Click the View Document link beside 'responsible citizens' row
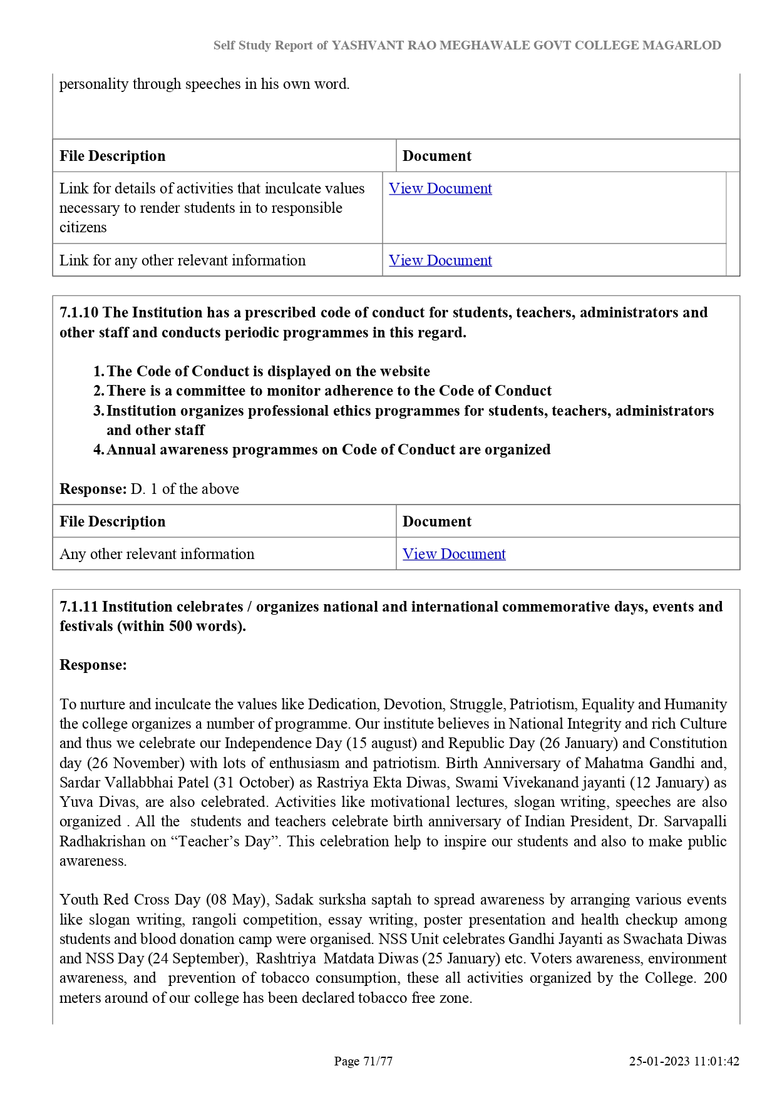[x=440, y=188]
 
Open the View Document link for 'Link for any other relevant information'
[x=440, y=260]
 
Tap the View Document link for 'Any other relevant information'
[x=454, y=554]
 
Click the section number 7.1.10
[x=79, y=312]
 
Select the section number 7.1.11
[x=79, y=607]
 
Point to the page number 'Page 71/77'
[x=363, y=1061]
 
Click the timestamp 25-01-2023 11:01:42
[x=684, y=1061]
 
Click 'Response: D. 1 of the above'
[x=149, y=489]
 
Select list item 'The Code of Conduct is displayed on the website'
[x=268, y=371]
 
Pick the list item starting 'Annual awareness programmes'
[x=328, y=449]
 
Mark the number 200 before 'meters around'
[x=715, y=978]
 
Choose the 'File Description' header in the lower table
[x=113, y=521]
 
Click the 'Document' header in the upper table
[x=437, y=156]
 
